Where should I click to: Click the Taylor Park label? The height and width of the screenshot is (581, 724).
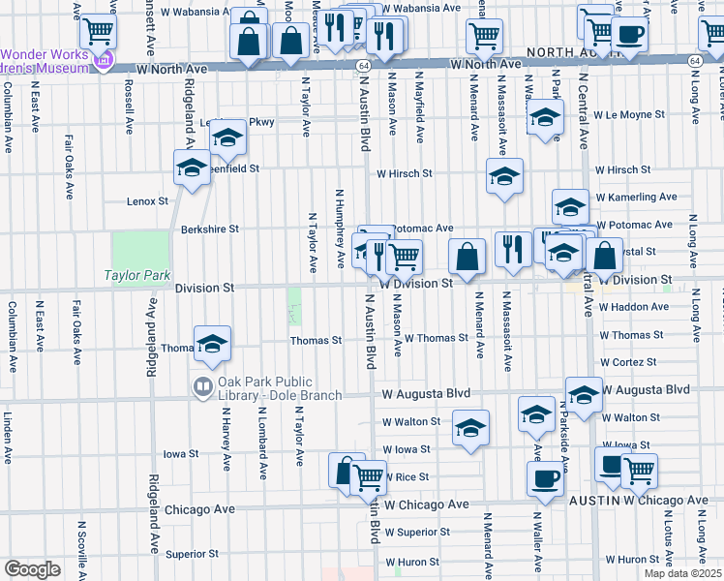136,276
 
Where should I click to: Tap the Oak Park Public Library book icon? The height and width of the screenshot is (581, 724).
202,387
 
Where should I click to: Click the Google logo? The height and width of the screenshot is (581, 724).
32,569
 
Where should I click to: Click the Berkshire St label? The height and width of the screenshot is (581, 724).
209,229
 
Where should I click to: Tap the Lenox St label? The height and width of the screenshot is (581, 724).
147,201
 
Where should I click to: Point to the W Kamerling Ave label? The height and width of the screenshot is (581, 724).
636,197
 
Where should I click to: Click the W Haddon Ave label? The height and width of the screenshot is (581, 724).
634,307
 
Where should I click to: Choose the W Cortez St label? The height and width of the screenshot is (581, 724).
629,362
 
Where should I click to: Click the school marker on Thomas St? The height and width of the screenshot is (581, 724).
212,342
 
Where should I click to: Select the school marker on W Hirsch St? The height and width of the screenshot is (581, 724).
503,176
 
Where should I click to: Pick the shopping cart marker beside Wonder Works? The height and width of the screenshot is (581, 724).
98,31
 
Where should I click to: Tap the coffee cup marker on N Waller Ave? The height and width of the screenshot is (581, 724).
544,477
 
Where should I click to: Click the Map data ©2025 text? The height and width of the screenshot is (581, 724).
682,573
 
